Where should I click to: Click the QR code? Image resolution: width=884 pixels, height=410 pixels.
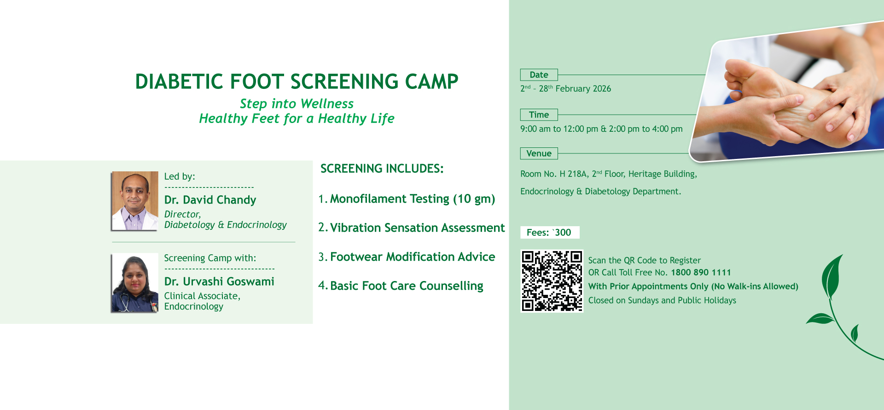(552, 281)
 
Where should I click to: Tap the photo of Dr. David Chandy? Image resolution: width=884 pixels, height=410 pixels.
(135, 201)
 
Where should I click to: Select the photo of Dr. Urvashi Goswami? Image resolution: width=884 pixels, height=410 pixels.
(135, 283)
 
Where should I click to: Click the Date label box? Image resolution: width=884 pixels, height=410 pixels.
(539, 75)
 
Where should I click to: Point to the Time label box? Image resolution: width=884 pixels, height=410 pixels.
(539, 115)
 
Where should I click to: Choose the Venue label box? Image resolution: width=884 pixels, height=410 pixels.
(539, 153)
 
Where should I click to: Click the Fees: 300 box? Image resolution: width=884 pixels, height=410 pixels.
(550, 232)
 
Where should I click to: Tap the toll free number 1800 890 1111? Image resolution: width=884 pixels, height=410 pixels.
(701, 272)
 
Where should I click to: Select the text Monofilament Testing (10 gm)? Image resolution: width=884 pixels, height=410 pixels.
(413, 199)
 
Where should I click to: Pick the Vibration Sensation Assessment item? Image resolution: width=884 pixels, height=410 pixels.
(418, 228)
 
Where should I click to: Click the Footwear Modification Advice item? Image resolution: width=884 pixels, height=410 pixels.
(413, 257)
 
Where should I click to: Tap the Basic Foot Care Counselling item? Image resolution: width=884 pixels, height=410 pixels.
(407, 286)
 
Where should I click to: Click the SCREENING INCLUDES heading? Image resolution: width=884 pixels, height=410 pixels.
(382, 169)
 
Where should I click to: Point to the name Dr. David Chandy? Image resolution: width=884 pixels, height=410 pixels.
(210, 200)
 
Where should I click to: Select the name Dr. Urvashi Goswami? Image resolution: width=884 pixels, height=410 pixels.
(219, 281)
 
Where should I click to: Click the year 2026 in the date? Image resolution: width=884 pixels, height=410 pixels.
(602, 88)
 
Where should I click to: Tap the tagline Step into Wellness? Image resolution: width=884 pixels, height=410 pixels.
(297, 104)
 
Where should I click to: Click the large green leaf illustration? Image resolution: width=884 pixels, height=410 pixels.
(832, 277)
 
